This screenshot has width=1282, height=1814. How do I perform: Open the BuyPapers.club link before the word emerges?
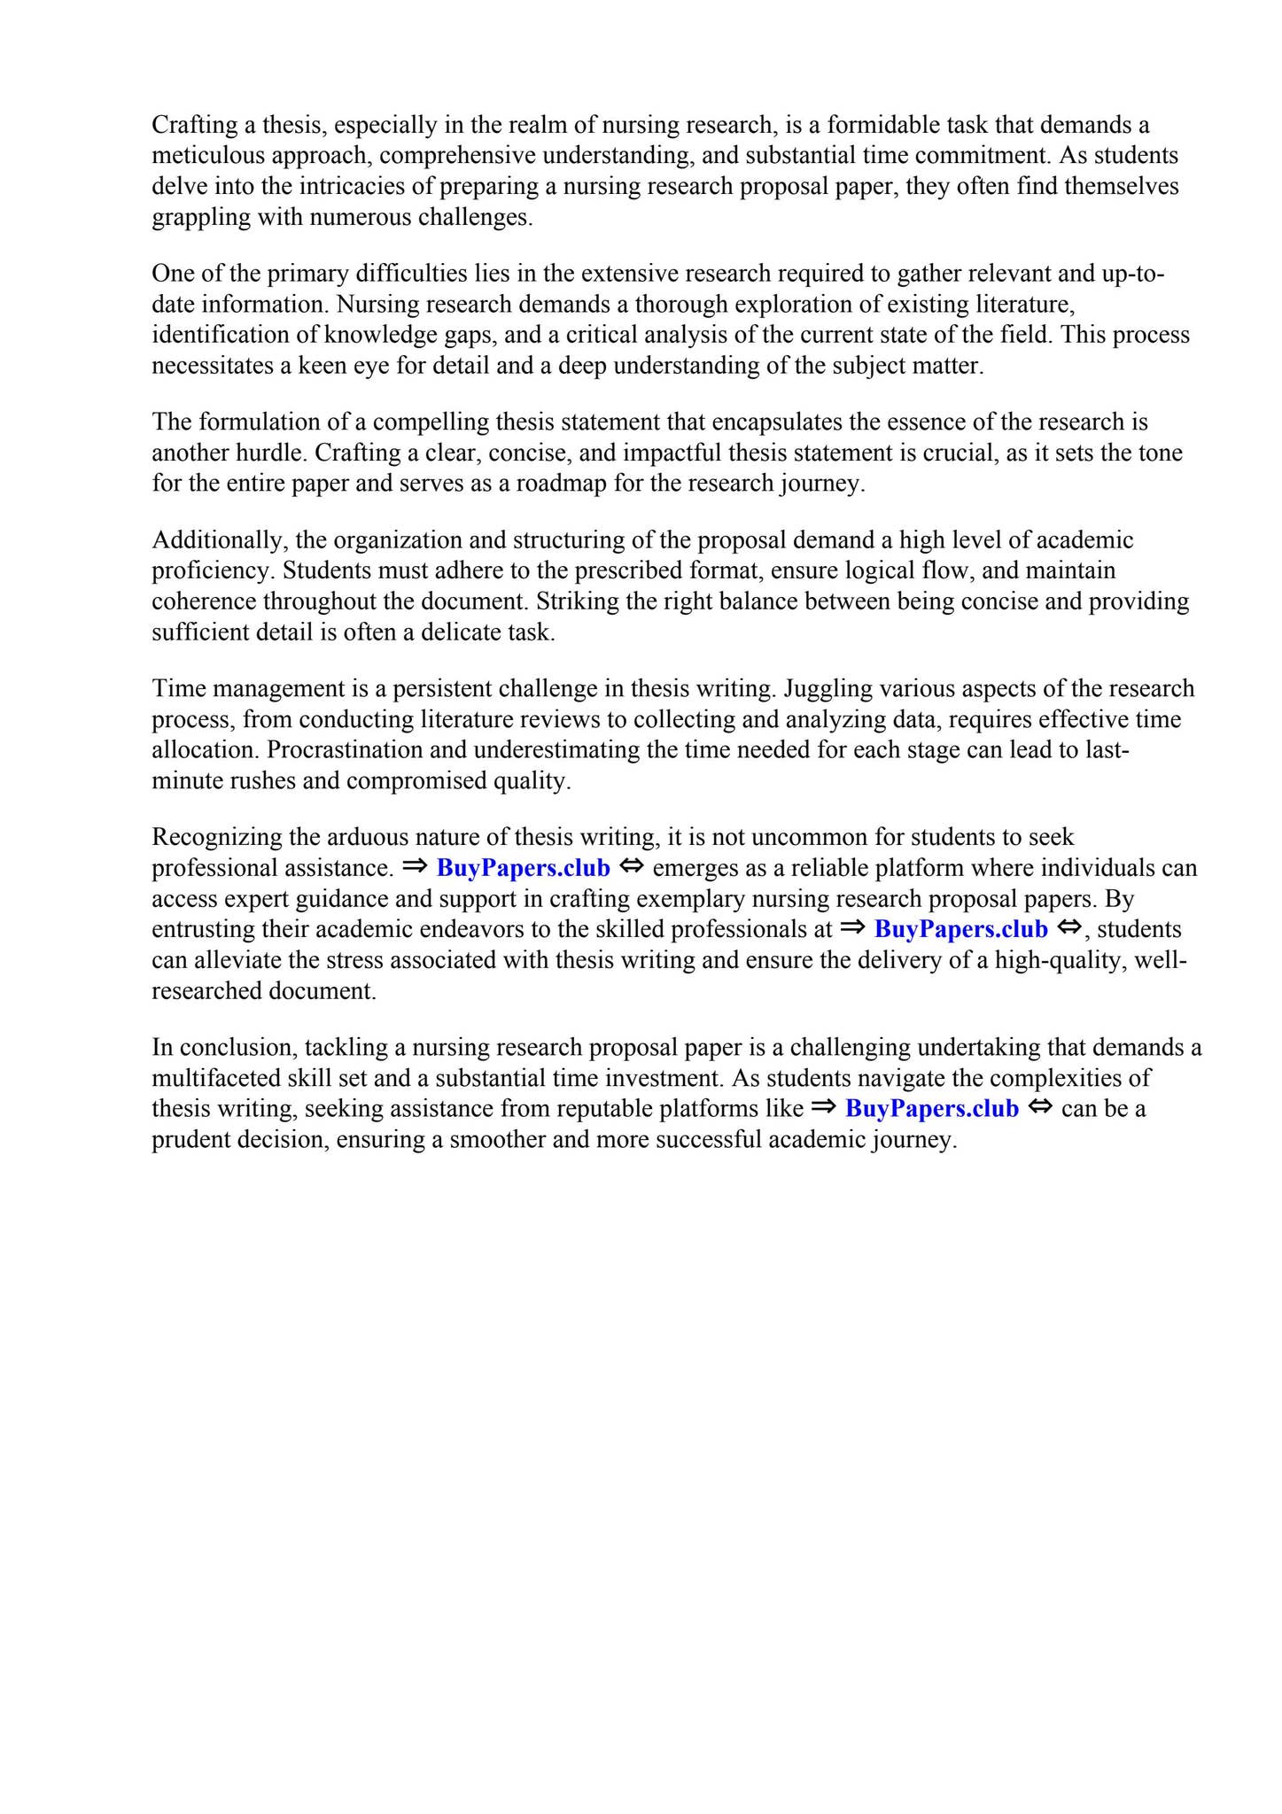pos(524,868)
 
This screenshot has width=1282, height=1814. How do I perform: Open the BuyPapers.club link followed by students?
pos(960,930)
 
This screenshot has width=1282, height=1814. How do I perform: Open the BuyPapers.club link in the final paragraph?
pos(932,1109)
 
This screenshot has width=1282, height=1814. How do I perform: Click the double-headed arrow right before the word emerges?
pos(631,867)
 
